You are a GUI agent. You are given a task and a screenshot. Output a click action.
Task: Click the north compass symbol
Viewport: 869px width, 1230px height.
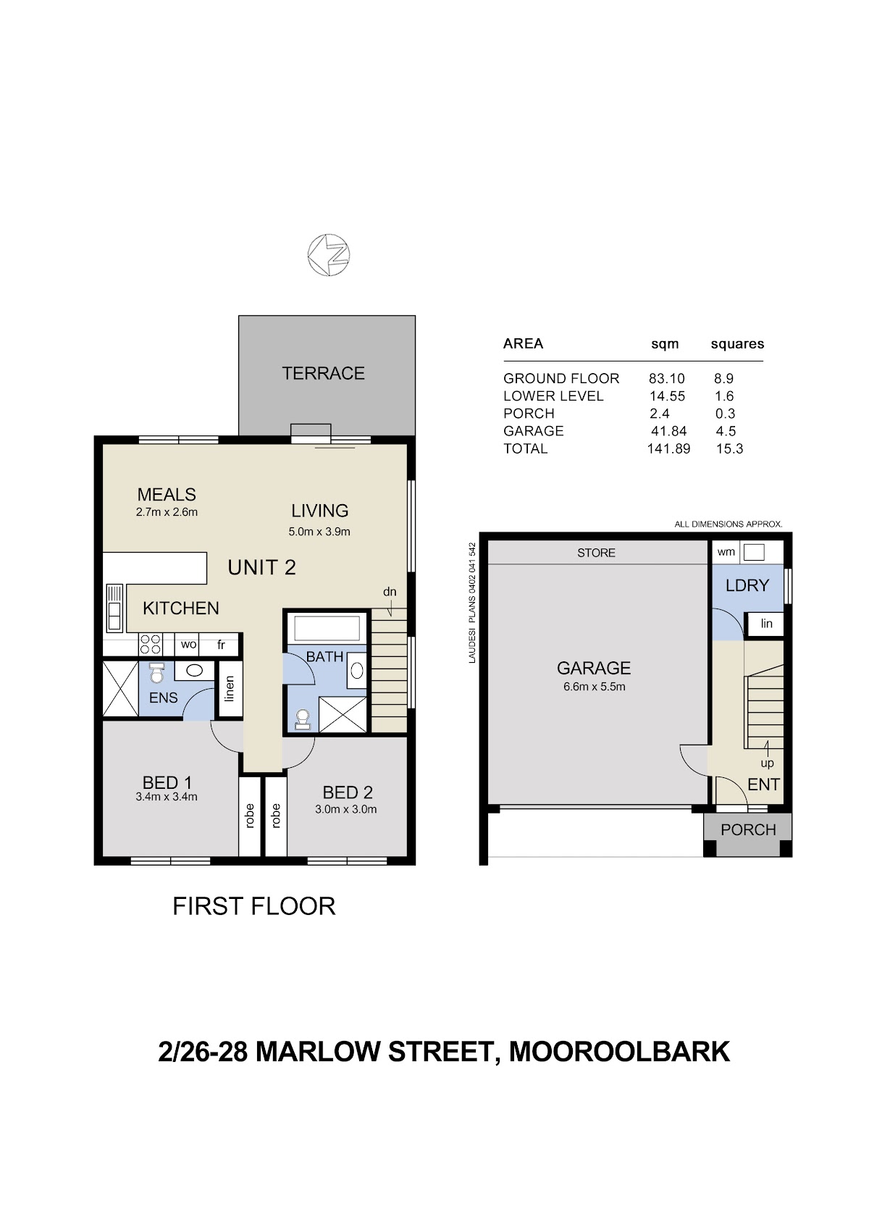coord(328,255)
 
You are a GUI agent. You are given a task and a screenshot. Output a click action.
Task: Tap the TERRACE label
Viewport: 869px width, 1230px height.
coord(323,373)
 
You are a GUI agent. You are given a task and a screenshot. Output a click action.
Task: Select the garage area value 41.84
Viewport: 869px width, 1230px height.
coord(668,431)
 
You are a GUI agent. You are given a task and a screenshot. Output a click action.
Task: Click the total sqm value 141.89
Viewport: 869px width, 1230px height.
coord(668,448)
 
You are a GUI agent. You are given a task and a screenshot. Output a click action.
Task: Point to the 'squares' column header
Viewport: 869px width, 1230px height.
coord(737,344)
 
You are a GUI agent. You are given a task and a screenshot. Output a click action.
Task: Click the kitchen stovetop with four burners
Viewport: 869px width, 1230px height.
coord(150,644)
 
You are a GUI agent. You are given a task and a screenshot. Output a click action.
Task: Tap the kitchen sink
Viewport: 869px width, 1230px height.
coord(114,607)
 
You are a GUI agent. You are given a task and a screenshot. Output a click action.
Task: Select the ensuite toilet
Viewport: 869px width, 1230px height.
coord(158,673)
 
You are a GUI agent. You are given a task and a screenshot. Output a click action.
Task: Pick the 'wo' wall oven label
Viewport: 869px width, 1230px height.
coord(188,645)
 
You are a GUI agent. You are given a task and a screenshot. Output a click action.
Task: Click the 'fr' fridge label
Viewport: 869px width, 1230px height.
coord(221,645)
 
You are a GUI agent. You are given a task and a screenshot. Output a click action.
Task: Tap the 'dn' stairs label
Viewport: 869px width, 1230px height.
coord(389,591)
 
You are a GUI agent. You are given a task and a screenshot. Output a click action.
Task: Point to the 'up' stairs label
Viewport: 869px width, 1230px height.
coord(767,763)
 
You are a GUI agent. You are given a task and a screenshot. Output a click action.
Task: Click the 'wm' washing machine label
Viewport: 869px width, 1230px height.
coord(726,552)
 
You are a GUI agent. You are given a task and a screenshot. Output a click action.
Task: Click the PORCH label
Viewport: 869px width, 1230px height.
coord(748,829)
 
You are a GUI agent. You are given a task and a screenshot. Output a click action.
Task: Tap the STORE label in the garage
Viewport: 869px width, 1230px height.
coord(596,553)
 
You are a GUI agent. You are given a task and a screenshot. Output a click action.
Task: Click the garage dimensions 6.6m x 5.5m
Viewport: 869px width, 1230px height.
coord(594,687)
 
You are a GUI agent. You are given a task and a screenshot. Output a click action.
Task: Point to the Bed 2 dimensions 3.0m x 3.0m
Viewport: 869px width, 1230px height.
coord(346,809)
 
